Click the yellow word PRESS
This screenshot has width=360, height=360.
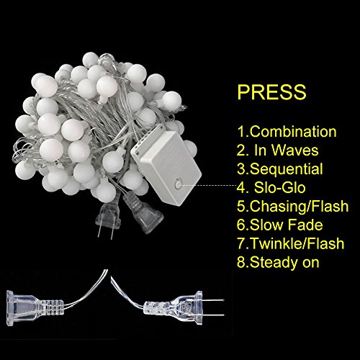tap(271, 92)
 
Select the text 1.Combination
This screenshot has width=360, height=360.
tap(287, 132)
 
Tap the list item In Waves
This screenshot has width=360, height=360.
tap(286, 150)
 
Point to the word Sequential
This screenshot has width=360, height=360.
tap(287, 169)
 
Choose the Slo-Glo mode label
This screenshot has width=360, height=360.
tap(279, 187)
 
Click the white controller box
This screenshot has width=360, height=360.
tap(166, 166)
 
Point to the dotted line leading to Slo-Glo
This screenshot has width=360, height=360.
tap(209, 185)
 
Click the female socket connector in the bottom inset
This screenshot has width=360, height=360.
tap(35, 308)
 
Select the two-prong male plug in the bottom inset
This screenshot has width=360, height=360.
tap(184, 308)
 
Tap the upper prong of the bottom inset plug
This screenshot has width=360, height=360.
tap(213, 300)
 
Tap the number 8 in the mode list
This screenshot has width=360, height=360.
tap(241, 262)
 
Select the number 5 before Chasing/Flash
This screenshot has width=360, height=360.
tap(241, 207)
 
